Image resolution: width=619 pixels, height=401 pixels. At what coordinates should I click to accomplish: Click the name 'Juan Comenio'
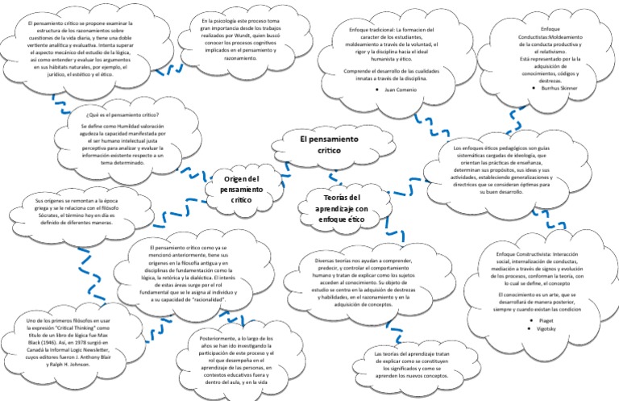[401, 90]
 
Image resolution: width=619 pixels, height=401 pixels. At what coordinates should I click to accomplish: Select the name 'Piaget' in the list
[549, 320]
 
